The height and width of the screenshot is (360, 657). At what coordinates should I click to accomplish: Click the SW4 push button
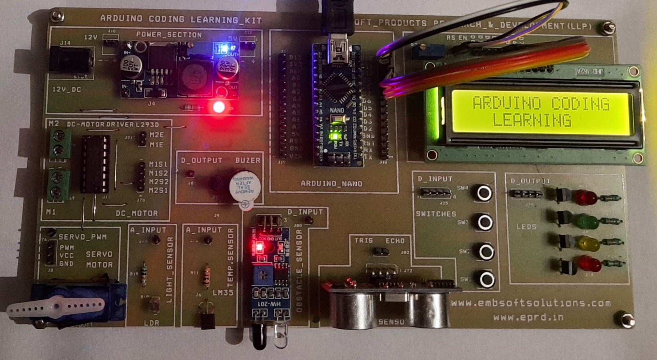click(484, 193)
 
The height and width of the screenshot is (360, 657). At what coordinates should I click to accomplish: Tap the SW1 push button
click(486, 279)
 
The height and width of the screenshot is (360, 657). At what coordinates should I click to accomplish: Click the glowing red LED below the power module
click(218, 107)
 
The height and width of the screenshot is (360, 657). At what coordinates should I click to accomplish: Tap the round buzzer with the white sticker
click(244, 187)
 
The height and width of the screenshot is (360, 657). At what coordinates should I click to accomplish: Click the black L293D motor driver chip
click(95, 164)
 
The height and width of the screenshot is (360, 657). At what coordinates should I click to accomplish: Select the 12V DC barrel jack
click(70, 59)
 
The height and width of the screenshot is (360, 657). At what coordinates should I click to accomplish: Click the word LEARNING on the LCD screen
click(531, 120)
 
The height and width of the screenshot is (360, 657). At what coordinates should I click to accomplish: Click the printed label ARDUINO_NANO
click(331, 184)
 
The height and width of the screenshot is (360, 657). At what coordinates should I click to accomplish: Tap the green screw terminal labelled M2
click(60, 143)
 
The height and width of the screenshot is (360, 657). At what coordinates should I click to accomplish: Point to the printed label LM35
click(223, 292)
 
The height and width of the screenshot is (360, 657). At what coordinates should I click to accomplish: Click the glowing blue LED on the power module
click(224, 49)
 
